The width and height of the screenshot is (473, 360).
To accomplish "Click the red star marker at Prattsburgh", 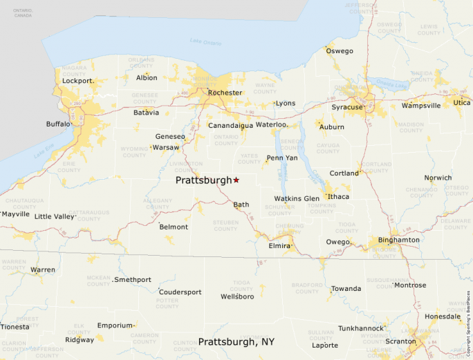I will pyautogui.click(x=236, y=180).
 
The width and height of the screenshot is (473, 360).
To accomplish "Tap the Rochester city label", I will pyautogui.click(x=225, y=93).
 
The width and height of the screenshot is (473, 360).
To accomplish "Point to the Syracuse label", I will pyautogui.click(x=346, y=107).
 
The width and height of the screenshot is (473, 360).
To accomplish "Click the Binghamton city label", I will pyautogui.click(x=398, y=240).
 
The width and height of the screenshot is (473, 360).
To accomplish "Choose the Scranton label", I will pyautogui.click(x=401, y=341).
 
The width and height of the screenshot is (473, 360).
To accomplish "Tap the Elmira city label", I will pyautogui.click(x=279, y=245).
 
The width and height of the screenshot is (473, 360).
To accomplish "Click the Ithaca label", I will pyautogui.click(x=338, y=197).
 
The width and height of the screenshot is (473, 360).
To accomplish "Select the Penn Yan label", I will pyautogui.click(x=281, y=158).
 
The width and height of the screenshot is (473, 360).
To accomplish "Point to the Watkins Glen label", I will pyautogui.click(x=297, y=198).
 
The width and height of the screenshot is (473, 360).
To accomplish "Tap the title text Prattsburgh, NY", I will pyautogui.click(x=237, y=342).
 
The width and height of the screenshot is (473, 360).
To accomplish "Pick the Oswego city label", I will pyautogui.click(x=340, y=51).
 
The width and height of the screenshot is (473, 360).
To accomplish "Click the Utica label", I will pyautogui.click(x=462, y=102).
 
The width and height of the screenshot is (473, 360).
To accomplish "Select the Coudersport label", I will pyautogui.click(x=180, y=292).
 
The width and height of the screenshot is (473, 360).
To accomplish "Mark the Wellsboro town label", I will pyautogui.click(x=237, y=296).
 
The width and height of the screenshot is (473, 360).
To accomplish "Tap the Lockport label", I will pyautogui.click(x=77, y=81).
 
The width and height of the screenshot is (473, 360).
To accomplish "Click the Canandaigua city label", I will pyautogui.click(x=230, y=125).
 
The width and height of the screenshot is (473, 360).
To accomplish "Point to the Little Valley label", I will pyautogui.click(x=54, y=216).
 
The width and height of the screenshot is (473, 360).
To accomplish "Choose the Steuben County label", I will pyautogui.click(x=225, y=225).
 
